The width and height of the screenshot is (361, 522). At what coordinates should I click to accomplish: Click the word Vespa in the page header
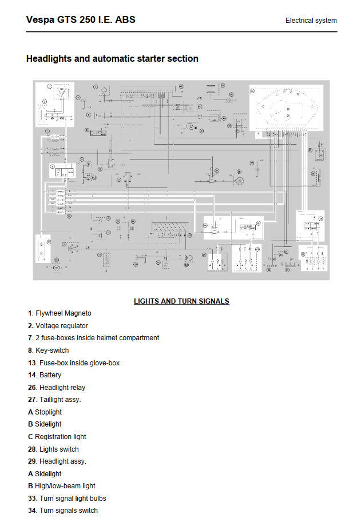click(x=39, y=20)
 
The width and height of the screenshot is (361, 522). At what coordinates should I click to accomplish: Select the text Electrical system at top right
click(x=311, y=21)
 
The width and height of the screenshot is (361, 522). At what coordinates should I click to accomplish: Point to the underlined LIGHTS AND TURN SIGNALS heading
click(x=181, y=301)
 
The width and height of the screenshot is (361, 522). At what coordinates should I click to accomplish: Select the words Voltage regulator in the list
click(x=62, y=326)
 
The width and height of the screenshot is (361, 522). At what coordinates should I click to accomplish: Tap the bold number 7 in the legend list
click(x=30, y=338)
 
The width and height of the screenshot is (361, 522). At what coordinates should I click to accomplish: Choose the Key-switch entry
click(x=51, y=350)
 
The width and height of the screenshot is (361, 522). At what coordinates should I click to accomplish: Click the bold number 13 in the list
click(x=31, y=363)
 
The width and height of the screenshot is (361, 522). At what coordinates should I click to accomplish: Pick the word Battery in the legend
click(x=50, y=375)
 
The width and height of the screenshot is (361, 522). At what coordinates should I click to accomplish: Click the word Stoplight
click(x=48, y=412)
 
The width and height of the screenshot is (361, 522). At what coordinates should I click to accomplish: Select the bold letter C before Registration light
click(x=30, y=437)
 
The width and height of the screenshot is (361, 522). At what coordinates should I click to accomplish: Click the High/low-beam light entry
click(x=65, y=486)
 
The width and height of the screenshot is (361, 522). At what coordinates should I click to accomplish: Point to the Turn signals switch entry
click(x=68, y=511)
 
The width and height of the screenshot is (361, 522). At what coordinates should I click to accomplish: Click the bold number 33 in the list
click(x=31, y=499)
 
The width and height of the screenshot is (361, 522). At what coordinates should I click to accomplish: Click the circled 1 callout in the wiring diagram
click(x=50, y=86)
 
